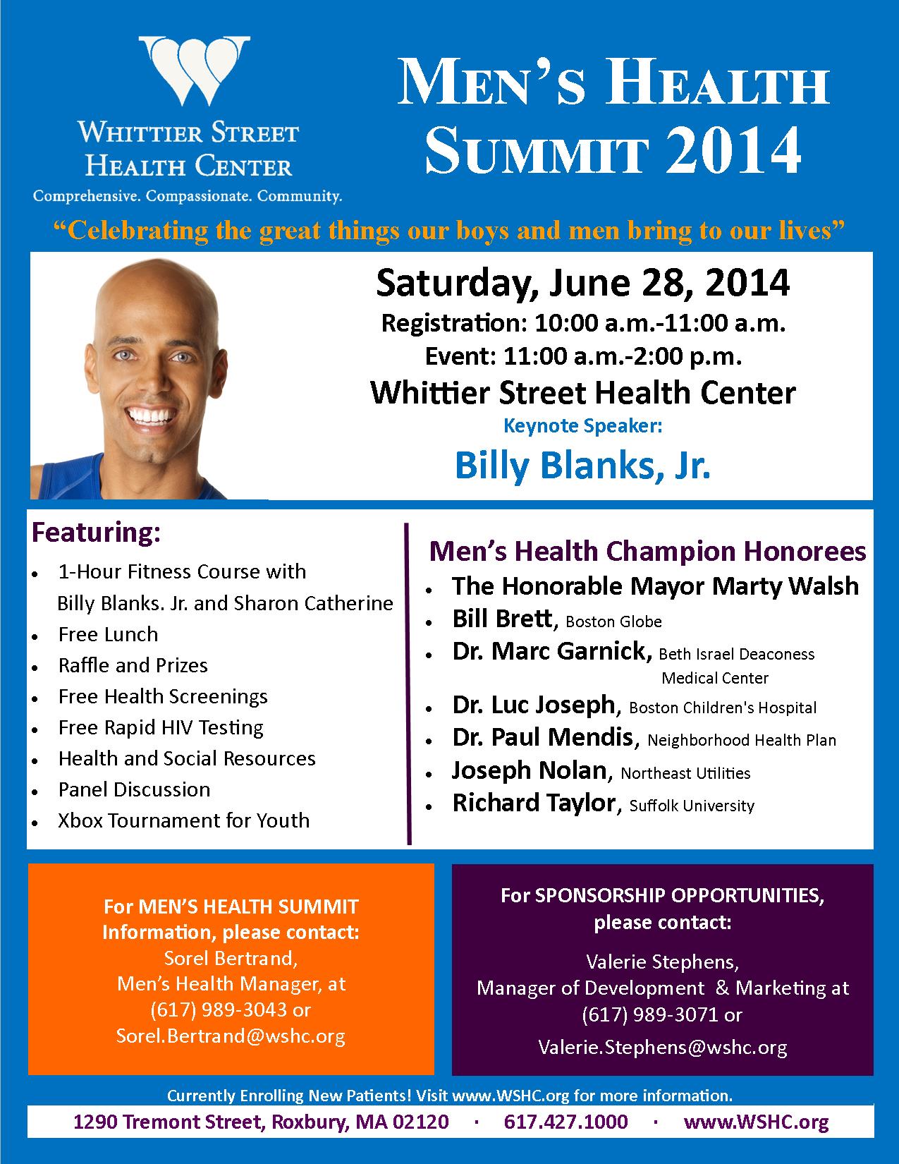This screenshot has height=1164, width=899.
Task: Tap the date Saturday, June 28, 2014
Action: tap(582, 283)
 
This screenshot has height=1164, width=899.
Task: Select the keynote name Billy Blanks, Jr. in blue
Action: tap(582, 465)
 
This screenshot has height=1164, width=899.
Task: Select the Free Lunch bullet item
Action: tap(108, 634)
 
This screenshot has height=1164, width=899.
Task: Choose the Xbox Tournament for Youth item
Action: tap(183, 820)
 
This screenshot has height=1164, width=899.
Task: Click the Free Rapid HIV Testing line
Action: tap(161, 727)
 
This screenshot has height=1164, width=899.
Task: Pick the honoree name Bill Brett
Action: tap(501, 619)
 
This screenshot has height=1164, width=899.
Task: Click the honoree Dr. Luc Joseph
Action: tap(534, 704)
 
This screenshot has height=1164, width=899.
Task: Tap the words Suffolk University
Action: tap(692, 806)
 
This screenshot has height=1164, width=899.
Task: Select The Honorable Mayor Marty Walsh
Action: tap(655, 586)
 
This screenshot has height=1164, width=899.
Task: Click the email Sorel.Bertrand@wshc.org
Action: tap(231, 1036)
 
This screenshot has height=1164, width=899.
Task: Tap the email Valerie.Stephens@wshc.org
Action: tap(662, 1047)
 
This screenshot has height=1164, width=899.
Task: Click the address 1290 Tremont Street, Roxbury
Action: tap(261, 1122)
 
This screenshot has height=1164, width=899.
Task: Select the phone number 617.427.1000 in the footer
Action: tap(565, 1122)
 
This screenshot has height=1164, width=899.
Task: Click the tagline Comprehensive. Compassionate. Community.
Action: tap(188, 195)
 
